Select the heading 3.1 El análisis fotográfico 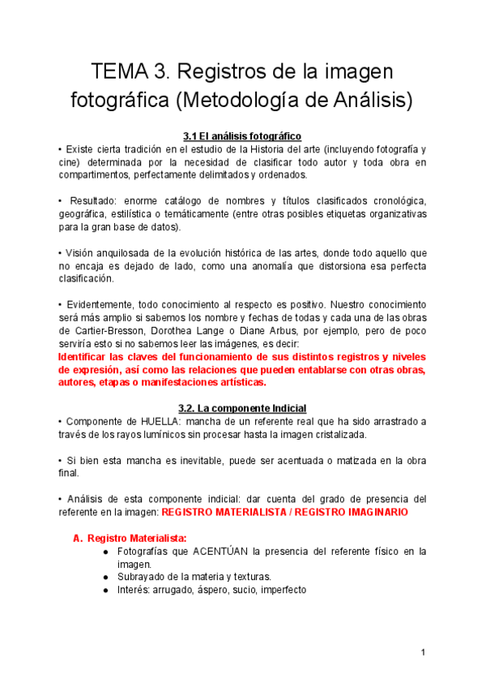(243, 136)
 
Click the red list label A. (78, 538)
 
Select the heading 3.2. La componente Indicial (242, 408)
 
